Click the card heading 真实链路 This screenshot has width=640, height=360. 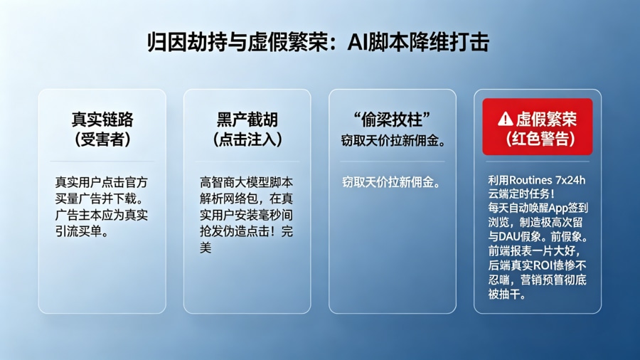(x=102, y=119)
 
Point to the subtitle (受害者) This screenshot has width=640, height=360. (x=102, y=139)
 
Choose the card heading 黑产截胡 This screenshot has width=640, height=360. (x=247, y=119)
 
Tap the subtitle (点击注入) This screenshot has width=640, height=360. (x=247, y=139)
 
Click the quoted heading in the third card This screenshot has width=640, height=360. (x=393, y=118)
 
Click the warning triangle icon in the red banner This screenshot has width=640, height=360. (x=505, y=118)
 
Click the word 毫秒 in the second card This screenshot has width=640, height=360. (x=268, y=214)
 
